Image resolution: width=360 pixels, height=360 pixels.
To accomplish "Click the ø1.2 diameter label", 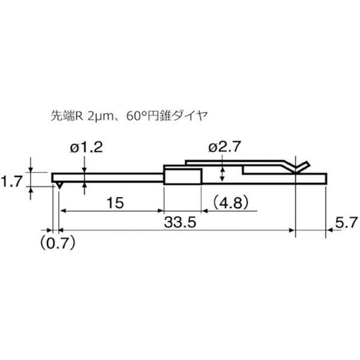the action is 86,148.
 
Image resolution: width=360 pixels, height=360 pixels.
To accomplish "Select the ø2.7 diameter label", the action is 224,146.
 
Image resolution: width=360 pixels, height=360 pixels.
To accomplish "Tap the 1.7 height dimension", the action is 11,181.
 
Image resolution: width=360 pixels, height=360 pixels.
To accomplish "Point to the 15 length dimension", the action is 115,203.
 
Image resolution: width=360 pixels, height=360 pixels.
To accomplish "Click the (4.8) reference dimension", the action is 230,203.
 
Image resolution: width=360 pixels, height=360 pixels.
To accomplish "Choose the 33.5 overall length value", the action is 180,222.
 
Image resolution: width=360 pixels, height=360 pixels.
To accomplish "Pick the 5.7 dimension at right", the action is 347,222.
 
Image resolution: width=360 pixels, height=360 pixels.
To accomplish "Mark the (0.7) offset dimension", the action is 58,243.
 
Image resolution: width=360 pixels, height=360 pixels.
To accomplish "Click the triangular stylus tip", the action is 59,185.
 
